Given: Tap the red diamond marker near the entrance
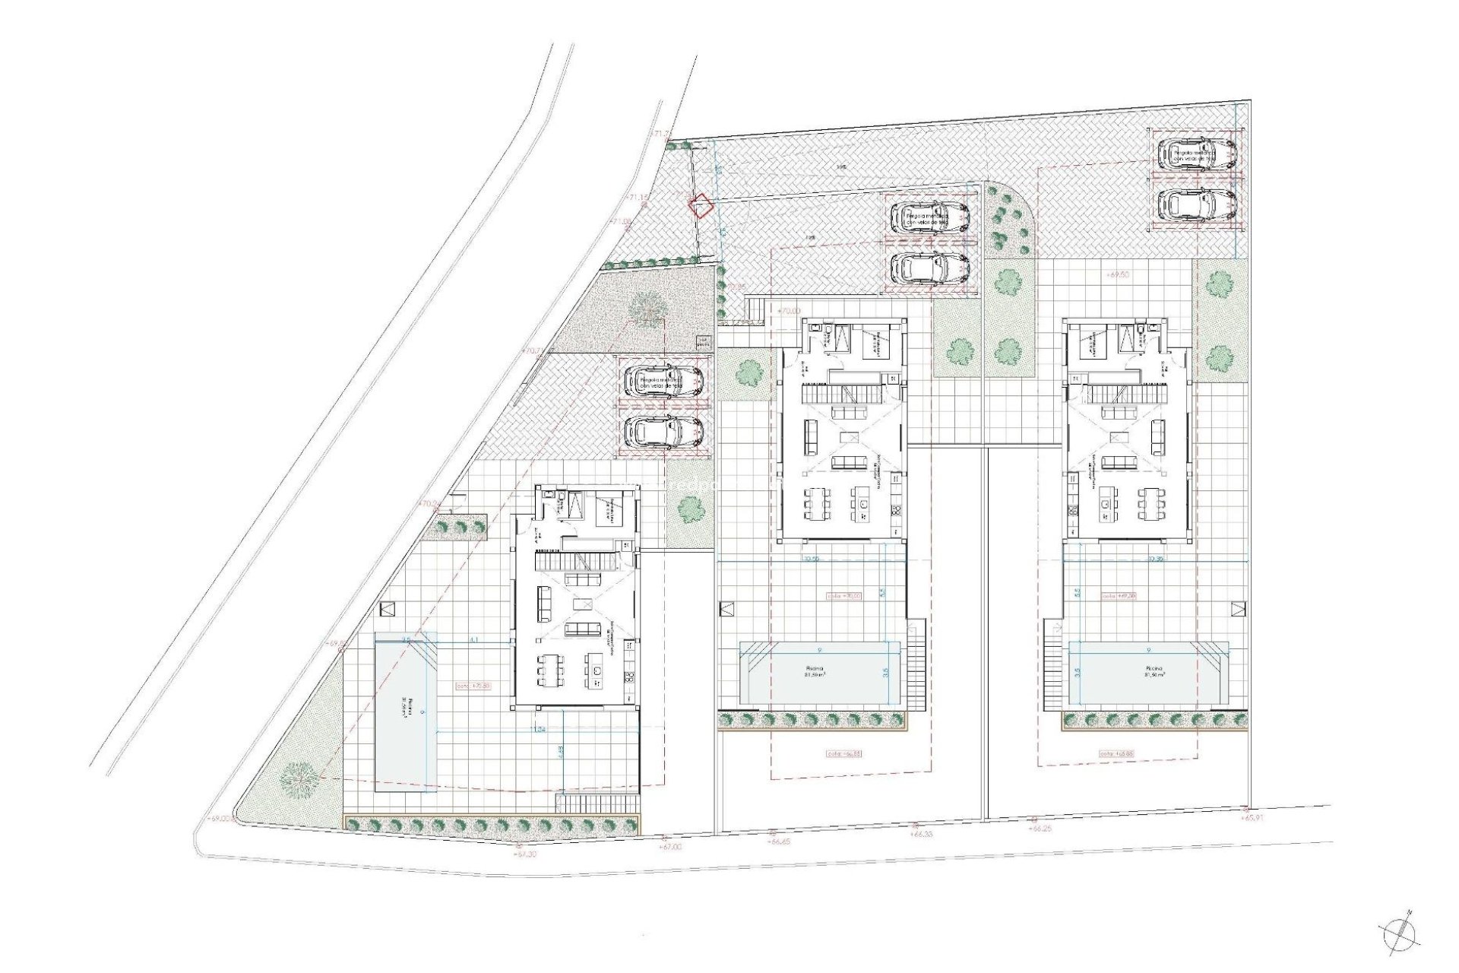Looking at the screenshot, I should click(700, 205).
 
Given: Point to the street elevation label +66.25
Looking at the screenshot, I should click(1040, 829).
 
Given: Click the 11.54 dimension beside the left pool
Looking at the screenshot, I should click(540, 730).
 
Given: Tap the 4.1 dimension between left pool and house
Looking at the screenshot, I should click(474, 641).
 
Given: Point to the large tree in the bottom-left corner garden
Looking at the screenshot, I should click(298, 778).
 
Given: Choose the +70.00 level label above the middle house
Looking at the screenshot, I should click(790, 311).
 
